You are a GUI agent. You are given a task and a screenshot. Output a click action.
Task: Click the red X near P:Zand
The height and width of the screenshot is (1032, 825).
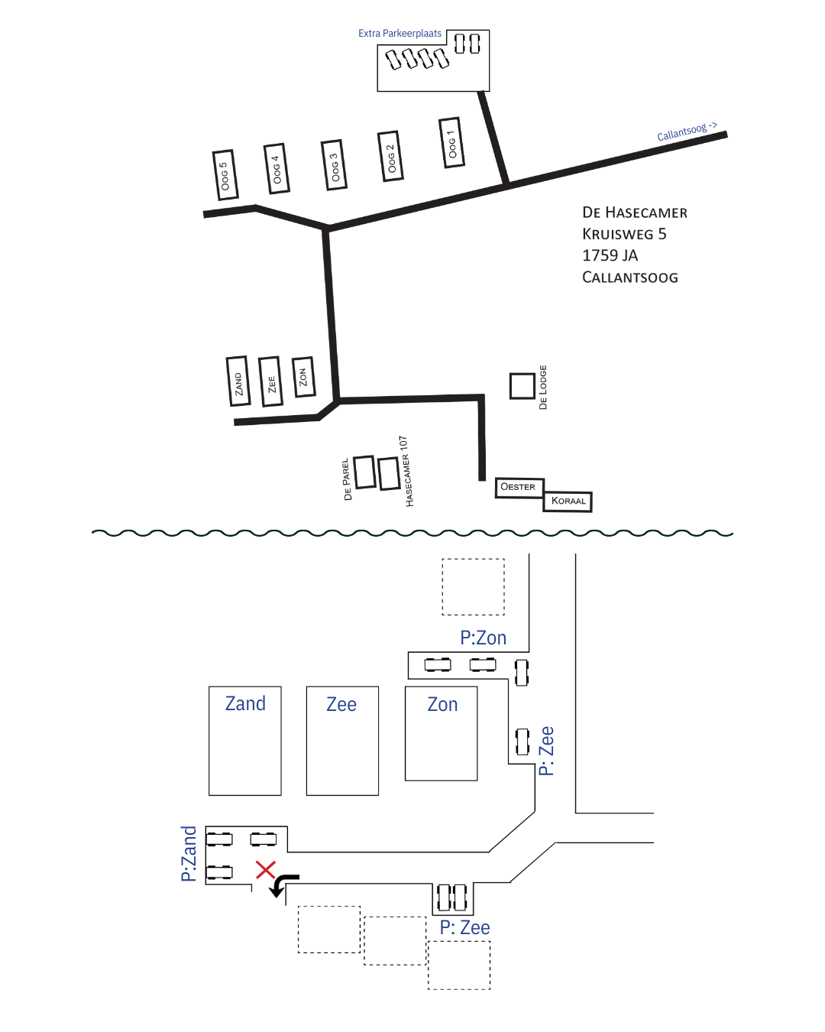(x=265, y=869)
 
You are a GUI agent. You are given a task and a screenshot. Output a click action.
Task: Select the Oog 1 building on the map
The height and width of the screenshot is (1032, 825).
(x=451, y=143)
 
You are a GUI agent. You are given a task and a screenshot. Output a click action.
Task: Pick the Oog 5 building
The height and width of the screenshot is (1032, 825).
(x=224, y=175)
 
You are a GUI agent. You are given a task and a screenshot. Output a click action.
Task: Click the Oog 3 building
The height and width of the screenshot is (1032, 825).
(x=334, y=164)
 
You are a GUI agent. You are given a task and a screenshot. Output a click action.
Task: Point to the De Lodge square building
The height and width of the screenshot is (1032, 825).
(x=522, y=386)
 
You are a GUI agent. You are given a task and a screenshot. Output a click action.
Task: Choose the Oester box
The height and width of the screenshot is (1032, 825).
(x=519, y=487)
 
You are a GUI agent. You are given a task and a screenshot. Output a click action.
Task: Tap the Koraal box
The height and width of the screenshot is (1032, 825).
(x=568, y=501)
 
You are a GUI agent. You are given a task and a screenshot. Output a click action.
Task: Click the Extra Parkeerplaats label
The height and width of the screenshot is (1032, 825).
(x=400, y=34)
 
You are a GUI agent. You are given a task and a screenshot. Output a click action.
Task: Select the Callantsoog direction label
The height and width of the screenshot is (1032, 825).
(x=687, y=131)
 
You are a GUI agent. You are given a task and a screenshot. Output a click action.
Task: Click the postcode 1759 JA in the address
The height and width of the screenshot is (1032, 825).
(x=610, y=255)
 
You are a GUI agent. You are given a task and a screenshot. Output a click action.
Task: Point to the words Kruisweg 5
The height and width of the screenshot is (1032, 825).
(x=624, y=234)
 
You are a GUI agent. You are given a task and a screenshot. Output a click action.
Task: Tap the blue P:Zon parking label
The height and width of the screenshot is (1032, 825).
(x=483, y=638)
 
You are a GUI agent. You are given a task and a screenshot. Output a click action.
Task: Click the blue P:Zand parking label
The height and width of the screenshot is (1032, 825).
(x=189, y=853)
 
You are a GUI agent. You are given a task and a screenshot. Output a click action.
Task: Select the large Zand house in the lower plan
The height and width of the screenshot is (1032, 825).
(x=245, y=741)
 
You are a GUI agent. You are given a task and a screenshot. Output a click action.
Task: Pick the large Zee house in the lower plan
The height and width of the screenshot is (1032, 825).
(x=342, y=741)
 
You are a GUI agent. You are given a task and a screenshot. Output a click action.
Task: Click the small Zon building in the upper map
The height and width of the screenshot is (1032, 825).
(x=303, y=377)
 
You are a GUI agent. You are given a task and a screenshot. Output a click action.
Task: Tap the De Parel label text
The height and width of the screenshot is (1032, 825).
(x=347, y=479)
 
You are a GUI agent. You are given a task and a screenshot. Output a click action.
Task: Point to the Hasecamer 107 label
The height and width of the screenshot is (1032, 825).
(x=406, y=472)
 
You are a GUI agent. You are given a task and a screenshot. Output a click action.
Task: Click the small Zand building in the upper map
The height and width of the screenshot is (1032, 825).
(x=238, y=381)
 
